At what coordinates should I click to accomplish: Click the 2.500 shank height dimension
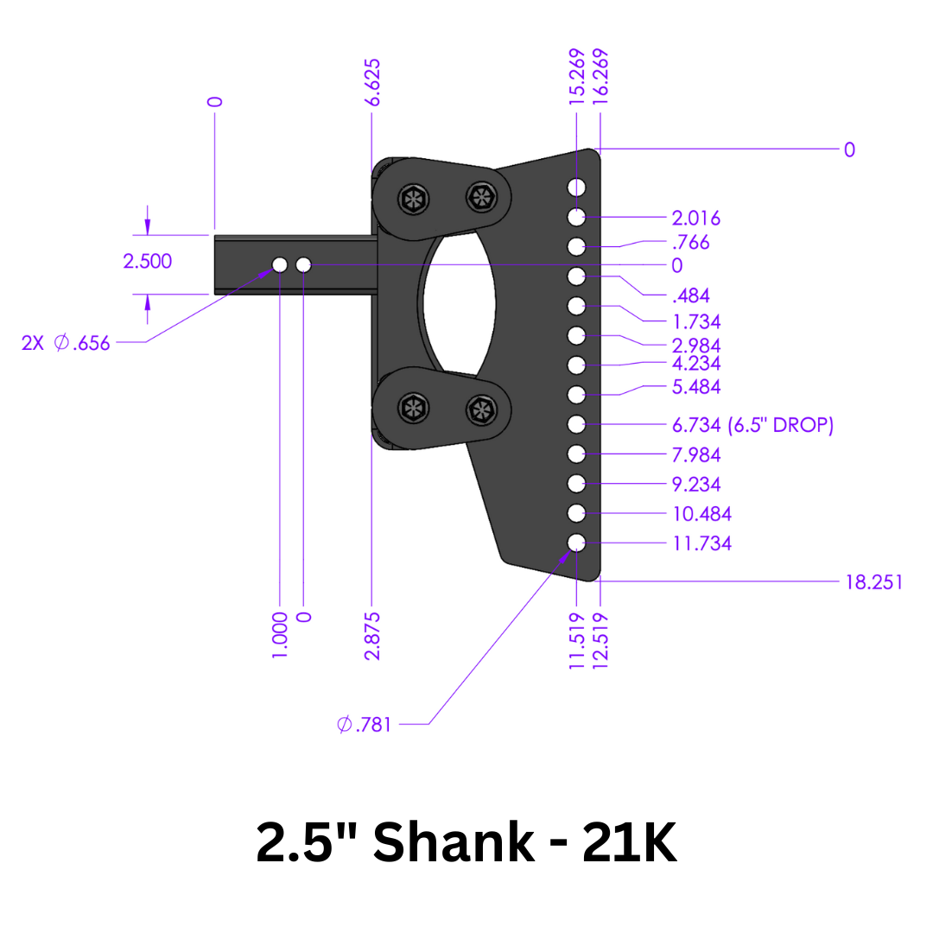[147, 261]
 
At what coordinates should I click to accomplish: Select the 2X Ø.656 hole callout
[67, 343]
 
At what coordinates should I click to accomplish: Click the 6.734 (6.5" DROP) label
[752, 425]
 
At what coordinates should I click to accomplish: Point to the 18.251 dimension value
[873, 581]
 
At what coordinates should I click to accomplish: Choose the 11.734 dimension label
[701, 543]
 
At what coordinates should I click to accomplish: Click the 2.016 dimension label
[695, 218]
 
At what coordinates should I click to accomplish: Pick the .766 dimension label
[690, 242]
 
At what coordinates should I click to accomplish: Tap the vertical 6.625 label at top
[372, 83]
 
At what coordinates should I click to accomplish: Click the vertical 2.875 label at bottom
[372, 636]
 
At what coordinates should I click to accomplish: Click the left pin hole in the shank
[280, 264]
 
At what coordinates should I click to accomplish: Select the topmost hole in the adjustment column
[577, 187]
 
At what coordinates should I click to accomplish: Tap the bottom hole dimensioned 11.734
[577, 543]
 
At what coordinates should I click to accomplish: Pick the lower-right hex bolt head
[480, 409]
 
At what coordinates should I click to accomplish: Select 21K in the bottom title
[630, 843]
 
